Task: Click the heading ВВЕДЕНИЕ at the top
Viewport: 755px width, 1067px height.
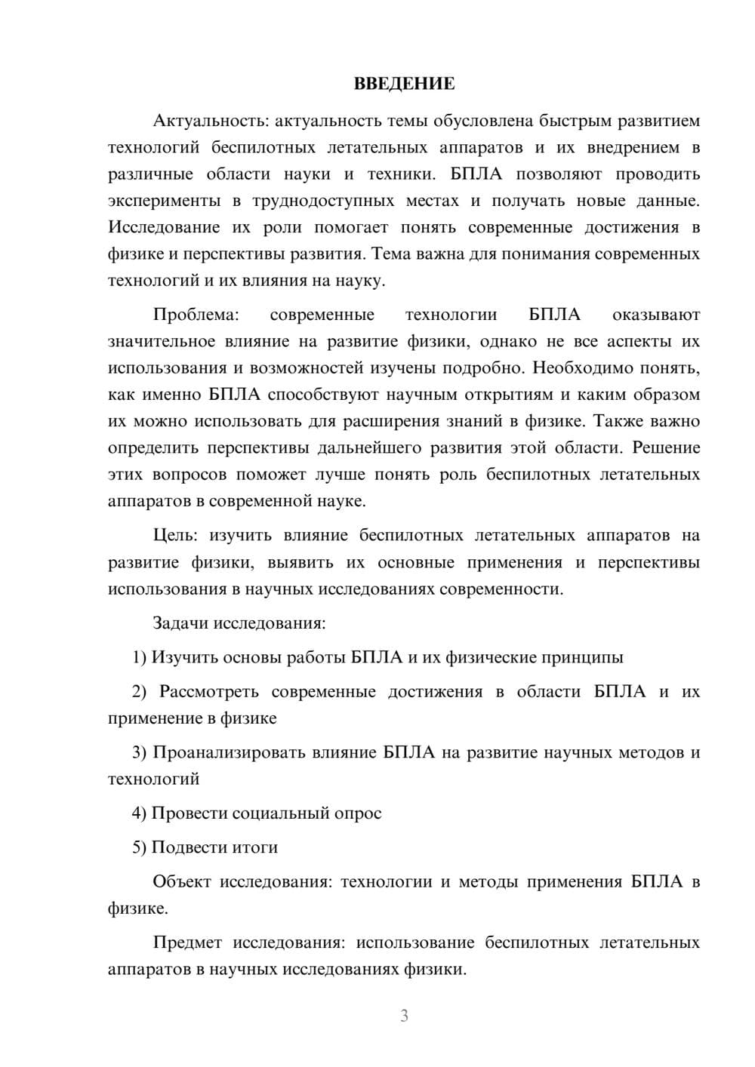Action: point(404,84)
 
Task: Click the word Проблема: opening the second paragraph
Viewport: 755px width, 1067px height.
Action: point(196,315)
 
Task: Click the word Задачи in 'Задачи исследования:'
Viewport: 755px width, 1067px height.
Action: point(180,623)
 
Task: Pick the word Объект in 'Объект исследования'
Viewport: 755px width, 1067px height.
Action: point(181,882)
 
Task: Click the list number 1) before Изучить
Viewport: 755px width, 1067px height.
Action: point(140,657)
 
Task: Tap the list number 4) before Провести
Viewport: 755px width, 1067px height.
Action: point(140,813)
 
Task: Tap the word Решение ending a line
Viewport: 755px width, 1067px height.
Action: point(666,448)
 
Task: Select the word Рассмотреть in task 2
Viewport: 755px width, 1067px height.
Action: point(208,692)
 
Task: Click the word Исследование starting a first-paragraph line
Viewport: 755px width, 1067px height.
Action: point(164,227)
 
